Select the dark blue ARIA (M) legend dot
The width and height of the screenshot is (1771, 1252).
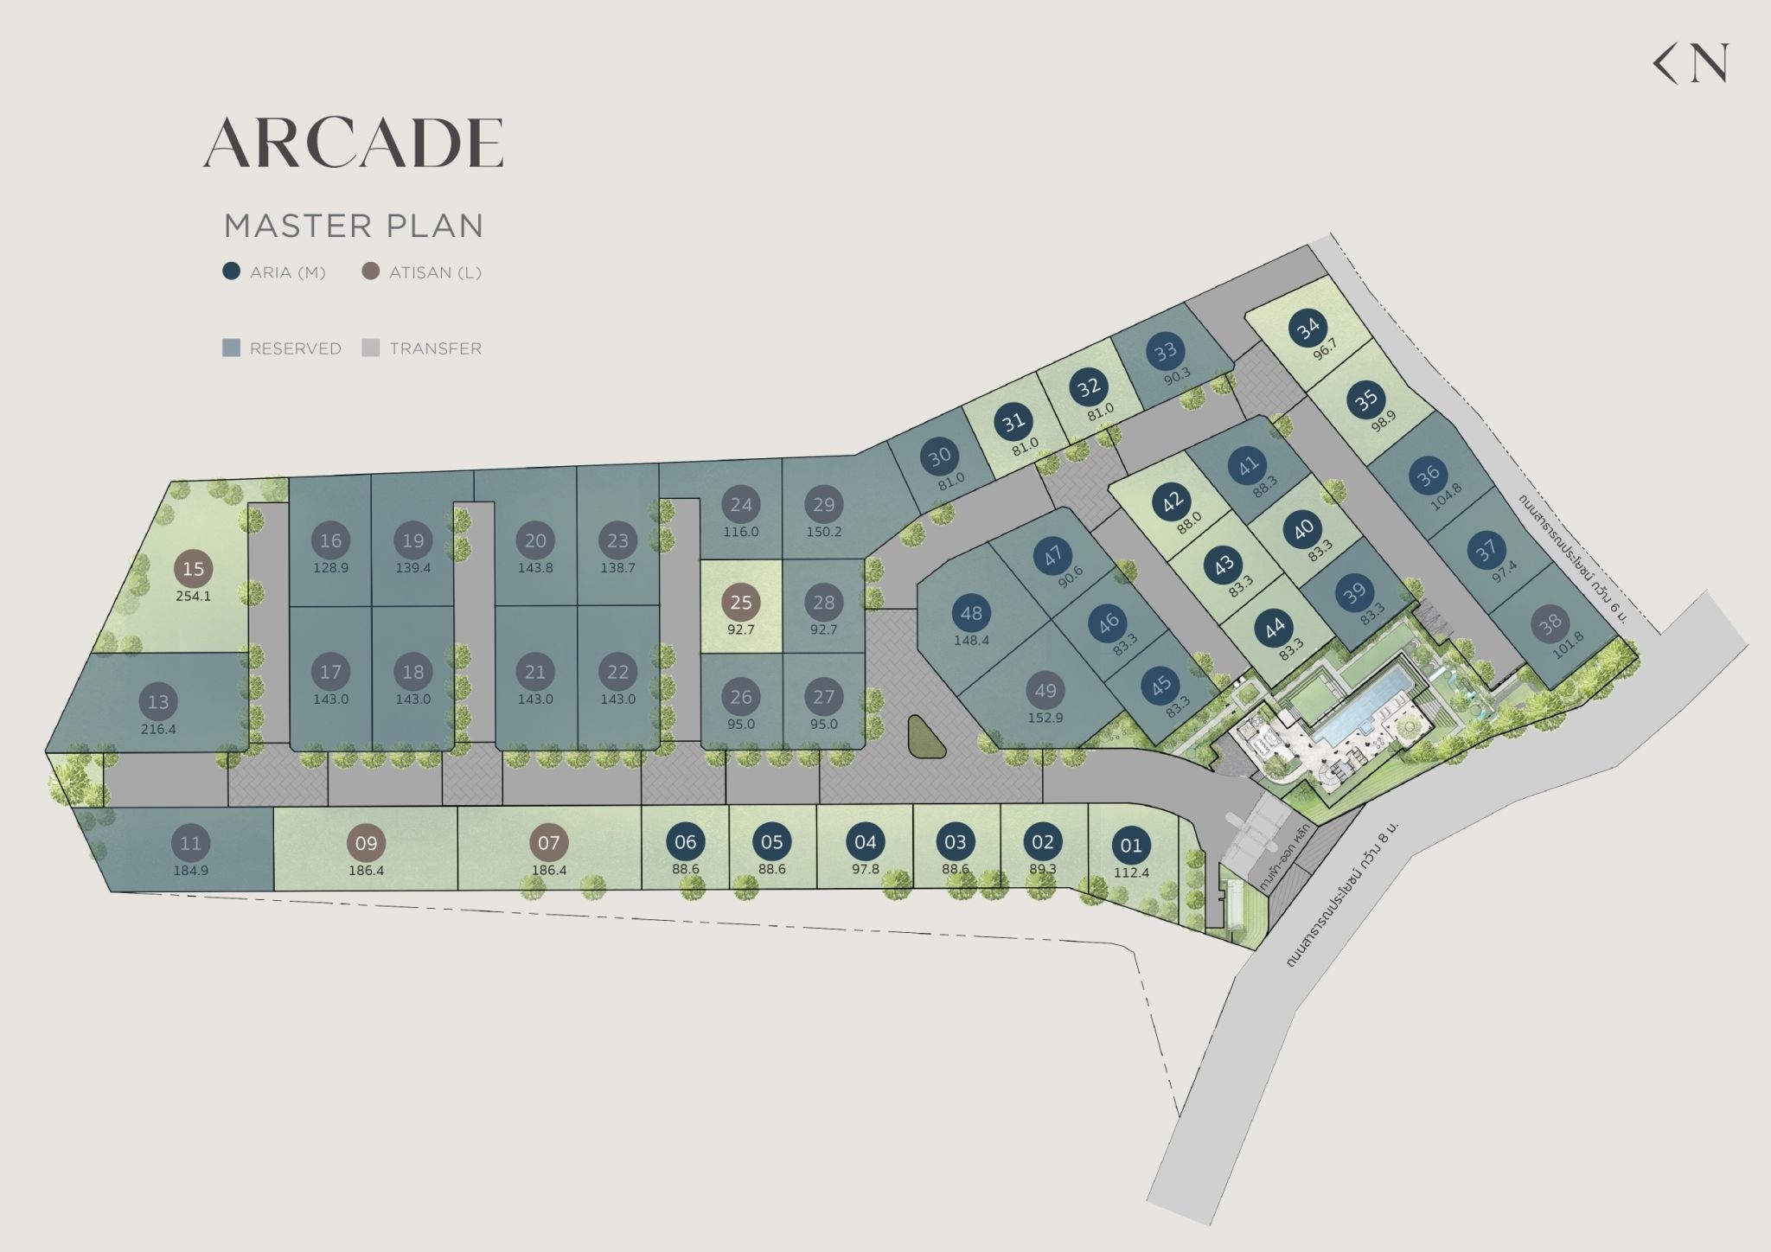tap(231, 271)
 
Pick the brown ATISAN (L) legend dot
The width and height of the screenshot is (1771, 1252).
tap(371, 271)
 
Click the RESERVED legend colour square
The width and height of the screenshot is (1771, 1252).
tap(231, 348)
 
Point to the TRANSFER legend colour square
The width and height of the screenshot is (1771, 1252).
tap(371, 348)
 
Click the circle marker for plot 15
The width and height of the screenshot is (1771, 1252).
tap(193, 569)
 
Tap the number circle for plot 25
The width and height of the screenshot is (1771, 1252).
tap(741, 603)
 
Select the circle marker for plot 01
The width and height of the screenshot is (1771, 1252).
tap(1131, 846)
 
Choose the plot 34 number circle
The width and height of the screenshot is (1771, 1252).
tap(1308, 328)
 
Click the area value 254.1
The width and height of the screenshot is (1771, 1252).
tap(193, 597)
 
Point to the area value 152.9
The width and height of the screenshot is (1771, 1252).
tap(1045, 719)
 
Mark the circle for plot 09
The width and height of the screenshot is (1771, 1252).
tap(366, 843)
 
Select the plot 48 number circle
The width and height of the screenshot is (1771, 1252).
tap(971, 613)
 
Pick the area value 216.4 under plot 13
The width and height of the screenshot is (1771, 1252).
tap(158, 729)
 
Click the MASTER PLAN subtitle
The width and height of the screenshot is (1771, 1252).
tap(353, 226)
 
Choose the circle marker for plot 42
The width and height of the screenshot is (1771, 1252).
tap(1173, 501)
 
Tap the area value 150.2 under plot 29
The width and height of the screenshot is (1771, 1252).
tap(823, 532)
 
